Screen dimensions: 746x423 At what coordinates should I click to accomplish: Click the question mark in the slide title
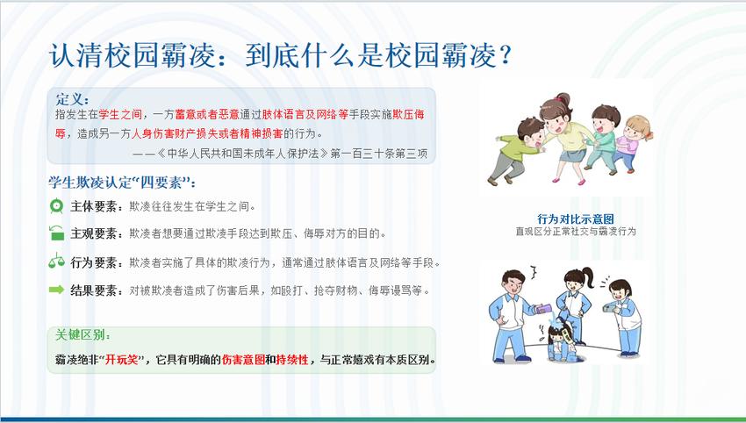(x=505, y=55)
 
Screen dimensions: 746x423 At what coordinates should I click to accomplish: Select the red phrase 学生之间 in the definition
(x=120, y=115)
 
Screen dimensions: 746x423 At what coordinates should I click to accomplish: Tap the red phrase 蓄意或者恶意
(x=207, y=115)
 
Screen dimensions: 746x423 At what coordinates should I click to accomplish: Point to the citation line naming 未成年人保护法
(x=280, y=154)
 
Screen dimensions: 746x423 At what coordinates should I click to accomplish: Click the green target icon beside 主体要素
(x=57, y=205)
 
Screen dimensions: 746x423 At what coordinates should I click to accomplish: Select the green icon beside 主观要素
(x=57, y=233)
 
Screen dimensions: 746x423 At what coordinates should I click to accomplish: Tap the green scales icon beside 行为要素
(x=57, y=261)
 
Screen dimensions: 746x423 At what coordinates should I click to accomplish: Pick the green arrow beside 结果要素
(x=56, y=290)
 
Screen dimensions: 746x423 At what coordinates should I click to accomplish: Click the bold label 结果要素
(x=93, y=290)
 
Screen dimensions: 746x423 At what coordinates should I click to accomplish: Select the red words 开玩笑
(x=121, y=359)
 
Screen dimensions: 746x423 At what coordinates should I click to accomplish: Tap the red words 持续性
(x=292, y=359)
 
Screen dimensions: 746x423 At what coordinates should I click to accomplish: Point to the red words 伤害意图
(x=243, y=359)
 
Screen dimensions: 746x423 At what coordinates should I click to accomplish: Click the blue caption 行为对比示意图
(x=575, y=219)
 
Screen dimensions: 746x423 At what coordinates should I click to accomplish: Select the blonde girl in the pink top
(x=633, y=143)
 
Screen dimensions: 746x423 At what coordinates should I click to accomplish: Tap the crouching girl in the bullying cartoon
(x=562, y=341)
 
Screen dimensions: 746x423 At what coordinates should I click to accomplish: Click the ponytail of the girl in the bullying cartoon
(x=588, y=277)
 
